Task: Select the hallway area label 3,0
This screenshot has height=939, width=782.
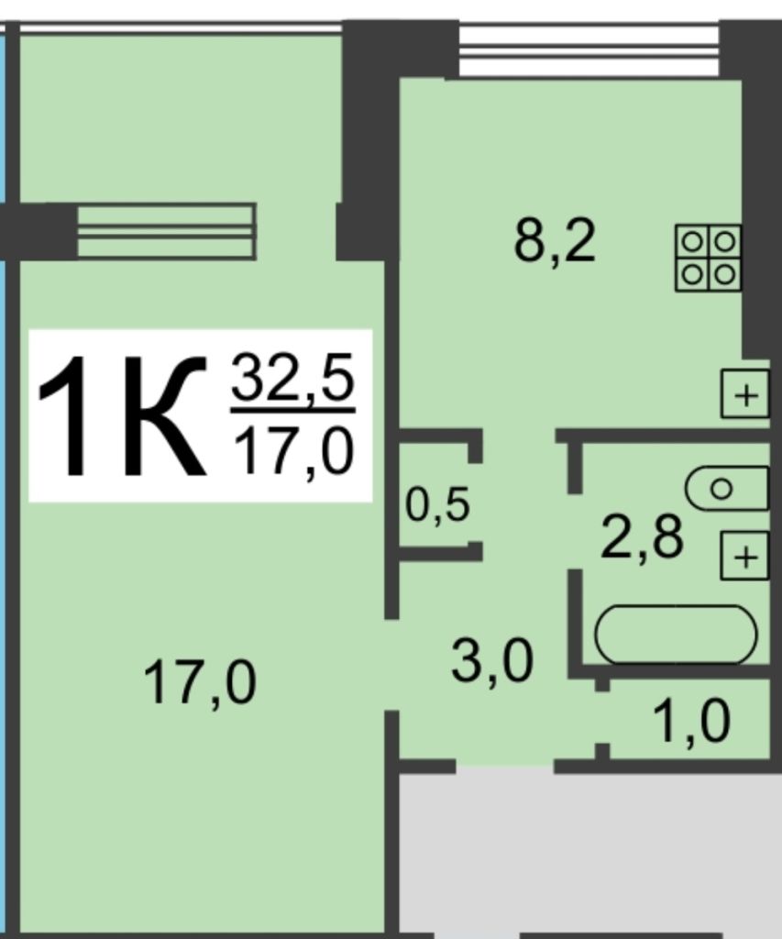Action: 491,662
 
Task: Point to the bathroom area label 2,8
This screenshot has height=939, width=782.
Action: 642,537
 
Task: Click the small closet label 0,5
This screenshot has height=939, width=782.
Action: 437,505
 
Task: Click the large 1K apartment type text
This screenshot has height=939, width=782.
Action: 122,415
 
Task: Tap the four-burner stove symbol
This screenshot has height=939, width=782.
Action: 709,258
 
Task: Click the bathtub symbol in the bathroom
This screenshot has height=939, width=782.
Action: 676,635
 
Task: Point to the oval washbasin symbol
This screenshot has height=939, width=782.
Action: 726,489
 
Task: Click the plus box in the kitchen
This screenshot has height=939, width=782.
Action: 745,394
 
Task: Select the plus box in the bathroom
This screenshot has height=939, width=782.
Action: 744,556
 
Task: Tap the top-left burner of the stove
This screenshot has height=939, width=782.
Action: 692,242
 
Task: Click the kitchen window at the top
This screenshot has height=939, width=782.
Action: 589,50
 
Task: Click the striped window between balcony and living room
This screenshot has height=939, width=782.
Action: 167,232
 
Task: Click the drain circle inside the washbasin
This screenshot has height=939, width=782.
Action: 721,489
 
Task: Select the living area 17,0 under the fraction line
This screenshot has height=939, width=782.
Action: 292,450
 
